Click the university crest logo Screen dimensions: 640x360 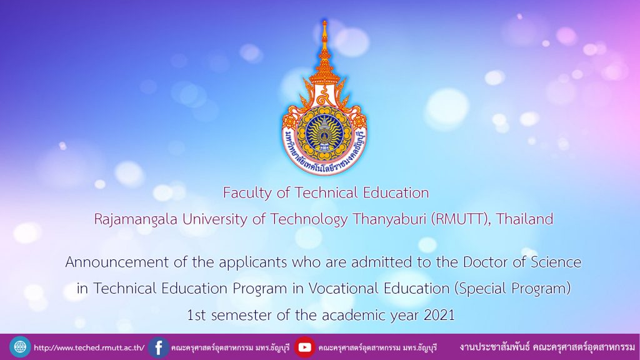(324, 98)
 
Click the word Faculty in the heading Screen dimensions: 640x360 (247, 193)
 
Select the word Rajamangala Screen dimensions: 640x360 (136, 219)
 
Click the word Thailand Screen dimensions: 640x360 (524, 219)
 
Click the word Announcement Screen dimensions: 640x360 (117, 262)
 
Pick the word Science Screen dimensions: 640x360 (556, 262)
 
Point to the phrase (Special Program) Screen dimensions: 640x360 (512, 289)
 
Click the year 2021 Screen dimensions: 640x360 (439, 315)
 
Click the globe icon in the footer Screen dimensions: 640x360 (20, 347)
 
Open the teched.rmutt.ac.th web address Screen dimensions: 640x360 (89, 347)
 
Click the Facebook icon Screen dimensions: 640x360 (158, 347)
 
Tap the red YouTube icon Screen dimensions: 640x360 (304, 347)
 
